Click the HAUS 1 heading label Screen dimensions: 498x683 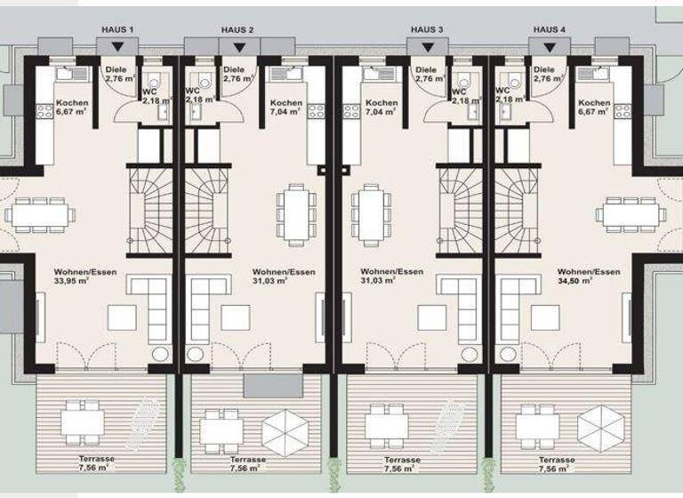(117, 30)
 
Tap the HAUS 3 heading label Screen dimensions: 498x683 (428, 30)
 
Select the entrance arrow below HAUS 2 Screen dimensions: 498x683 (237, 46)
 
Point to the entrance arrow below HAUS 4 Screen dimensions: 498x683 (548, 46)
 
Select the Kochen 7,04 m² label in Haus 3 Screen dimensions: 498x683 (382, 108)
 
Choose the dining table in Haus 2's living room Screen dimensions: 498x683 (293, 214)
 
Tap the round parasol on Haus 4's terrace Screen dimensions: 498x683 (601, 426)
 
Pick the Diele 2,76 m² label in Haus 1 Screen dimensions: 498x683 (119, 74)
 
